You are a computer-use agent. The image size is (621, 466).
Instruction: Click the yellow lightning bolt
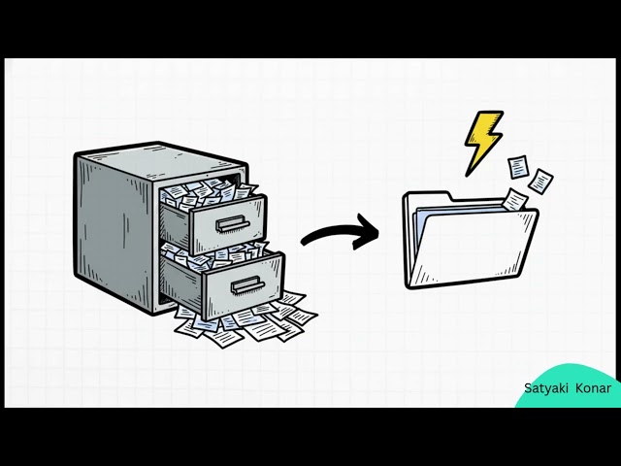[x=483, y=143]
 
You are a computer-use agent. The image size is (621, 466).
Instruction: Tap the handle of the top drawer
[x=233, y=224]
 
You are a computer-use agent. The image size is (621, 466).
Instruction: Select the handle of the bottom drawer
[x=248, y=284]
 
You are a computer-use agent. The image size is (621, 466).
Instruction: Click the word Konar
[x=593, y=388]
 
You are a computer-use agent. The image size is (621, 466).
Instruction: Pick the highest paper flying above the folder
[x=518, y=167]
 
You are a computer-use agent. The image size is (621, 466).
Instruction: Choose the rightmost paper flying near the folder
[x=540, y=182]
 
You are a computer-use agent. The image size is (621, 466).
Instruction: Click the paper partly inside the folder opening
[x=515, y=199]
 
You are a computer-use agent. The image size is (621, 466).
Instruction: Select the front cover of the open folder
[x=474, y=248]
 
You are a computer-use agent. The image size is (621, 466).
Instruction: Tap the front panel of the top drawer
[x=229, y=224]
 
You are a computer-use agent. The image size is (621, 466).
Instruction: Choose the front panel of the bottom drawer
[x=244, y=285]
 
